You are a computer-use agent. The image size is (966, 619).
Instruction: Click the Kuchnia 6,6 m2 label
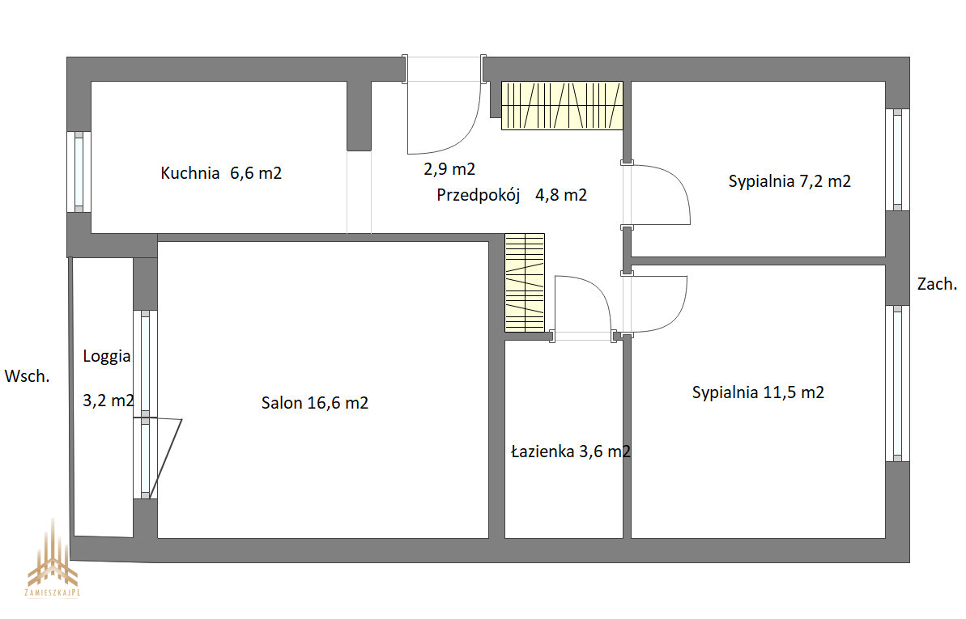pos(221,173)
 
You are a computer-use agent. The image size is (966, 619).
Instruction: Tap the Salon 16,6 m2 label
pos(315,403)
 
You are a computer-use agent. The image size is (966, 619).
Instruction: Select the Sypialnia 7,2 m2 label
pos(789,182)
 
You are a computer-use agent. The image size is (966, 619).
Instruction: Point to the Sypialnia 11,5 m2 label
pos(758,392)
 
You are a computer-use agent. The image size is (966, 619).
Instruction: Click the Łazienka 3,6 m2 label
pos(571,452)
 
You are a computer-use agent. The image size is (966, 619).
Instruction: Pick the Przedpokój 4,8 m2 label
pos(512,195)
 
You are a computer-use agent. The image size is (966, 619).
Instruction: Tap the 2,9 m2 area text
pos(449,169)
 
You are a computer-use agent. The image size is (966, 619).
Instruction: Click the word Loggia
pos(107,357)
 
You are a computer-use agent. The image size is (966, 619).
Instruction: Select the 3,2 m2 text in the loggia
pos(109,401)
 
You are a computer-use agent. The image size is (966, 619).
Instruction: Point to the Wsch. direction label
pos(27,376)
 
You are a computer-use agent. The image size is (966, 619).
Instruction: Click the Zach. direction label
pos(937,284)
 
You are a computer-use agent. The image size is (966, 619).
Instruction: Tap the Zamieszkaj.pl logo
pos(53,558)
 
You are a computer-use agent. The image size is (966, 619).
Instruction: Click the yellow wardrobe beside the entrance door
pos(562,105)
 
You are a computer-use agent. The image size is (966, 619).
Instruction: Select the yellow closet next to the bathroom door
pos(525,282)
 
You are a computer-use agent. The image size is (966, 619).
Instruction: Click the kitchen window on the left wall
pos(79,172)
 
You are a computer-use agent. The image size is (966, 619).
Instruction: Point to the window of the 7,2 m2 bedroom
pos(898,159)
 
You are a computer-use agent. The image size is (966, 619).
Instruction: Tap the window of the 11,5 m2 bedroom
pos(898,383)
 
